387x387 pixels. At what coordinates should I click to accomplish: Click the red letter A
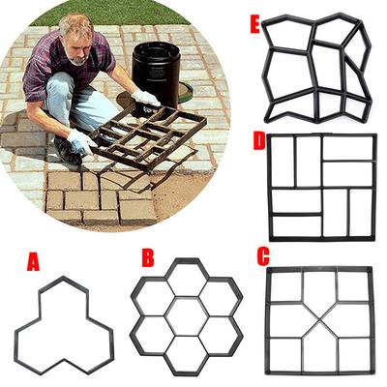coord(33,260)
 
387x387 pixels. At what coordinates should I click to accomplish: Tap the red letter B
coord(147,257)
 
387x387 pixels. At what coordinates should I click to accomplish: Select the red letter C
coord(263,257)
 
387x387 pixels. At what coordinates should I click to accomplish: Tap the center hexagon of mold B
coord(185,315)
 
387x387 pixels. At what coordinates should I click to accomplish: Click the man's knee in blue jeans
coord(60,92)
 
